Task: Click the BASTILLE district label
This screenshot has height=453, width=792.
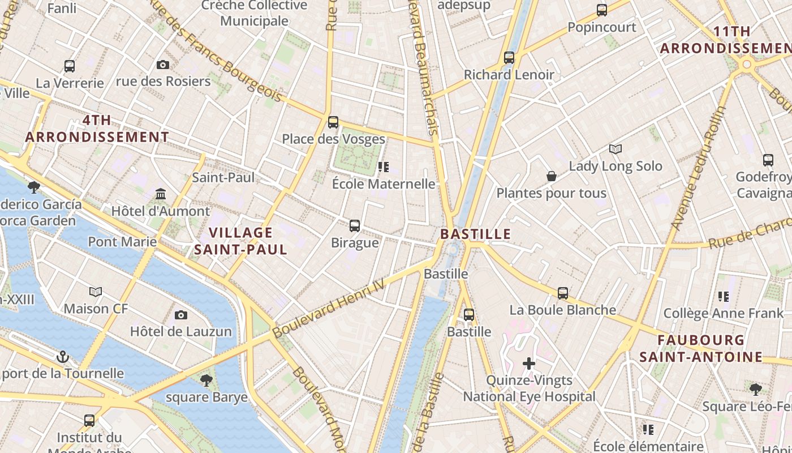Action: pos(475,234)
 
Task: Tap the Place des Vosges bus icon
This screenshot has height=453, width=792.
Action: pos(333,122)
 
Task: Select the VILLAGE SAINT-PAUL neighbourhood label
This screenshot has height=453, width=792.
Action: pos(241,241)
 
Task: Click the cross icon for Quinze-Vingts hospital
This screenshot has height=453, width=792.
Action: pos(529,363)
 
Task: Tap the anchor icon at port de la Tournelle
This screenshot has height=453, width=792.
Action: pos(63,357)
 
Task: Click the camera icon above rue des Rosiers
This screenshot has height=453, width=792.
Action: pos(163,65)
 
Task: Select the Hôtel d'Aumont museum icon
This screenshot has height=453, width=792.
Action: pos(161,194)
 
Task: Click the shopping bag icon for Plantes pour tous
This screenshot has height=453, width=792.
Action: pos(552,176)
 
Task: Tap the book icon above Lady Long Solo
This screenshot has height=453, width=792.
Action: pos(615,149)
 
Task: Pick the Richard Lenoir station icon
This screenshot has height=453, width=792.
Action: pos(509,57)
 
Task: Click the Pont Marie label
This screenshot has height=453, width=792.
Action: pos(122,242)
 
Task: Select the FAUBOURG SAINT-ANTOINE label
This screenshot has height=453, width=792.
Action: pos(701,348)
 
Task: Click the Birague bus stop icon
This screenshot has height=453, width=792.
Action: pos(355,225)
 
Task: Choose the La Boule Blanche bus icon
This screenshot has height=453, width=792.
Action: pos(563,293)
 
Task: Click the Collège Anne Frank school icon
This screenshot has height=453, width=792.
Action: pos(723,296)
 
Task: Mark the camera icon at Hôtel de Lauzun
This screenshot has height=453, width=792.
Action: pos(181,315)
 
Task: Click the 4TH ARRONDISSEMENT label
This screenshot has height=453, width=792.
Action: pos(97,129)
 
